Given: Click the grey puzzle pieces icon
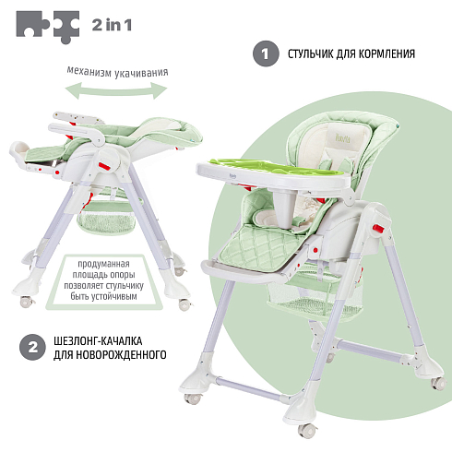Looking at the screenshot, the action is click(x=48, y=27).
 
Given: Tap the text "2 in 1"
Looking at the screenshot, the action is click(x=112, y=25).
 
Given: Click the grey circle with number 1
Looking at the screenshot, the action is click(x=266, y=54).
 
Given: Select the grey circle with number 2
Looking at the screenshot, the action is click(x=32, y=347).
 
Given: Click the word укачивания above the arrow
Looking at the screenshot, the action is click(x=141, y=73).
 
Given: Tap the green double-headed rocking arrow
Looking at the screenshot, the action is click(x=116, y=90).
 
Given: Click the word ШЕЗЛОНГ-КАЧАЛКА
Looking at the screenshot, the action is click(x=98, y=341).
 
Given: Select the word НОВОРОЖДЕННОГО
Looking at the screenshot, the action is click(x=121, y=355).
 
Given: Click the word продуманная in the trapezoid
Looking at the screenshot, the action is click(x=103, y=264).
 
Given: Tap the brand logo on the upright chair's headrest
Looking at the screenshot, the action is click(x=342, y=138).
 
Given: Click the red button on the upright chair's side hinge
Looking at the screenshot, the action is click(x=378, y=229).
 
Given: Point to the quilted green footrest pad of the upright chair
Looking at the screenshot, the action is click(x=260, y=248).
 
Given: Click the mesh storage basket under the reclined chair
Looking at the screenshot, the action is click(x=107, y=218).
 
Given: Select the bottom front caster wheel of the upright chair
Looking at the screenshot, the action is click(x=306, y=429).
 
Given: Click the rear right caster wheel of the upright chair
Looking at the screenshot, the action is click(x=438, y=384).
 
